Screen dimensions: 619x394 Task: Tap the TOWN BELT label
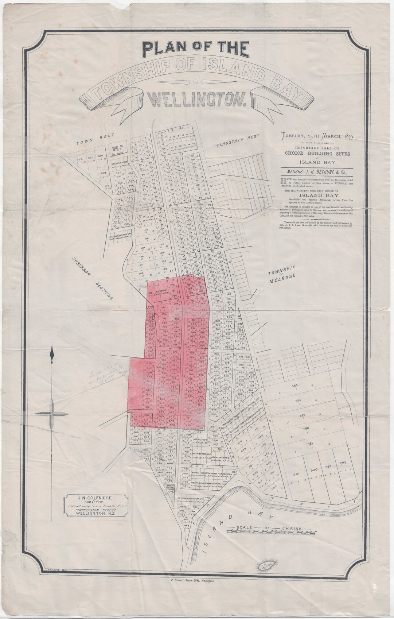click(x=90, y=142)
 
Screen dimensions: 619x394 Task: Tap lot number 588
click(x=343, y=463)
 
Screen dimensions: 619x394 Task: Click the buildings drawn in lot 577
click(x=117, y=149)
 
